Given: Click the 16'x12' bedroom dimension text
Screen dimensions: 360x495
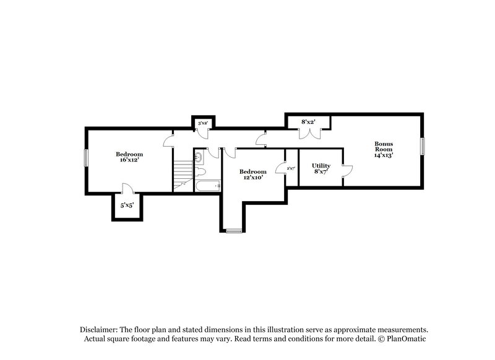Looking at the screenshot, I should coord(129,160).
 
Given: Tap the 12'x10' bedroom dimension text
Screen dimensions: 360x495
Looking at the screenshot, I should coord(252,178).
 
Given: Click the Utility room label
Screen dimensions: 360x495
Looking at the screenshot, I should coord(321,166).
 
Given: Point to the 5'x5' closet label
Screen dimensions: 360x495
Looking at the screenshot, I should coord(127,204).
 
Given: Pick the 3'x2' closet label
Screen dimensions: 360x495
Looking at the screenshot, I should coord(202,124).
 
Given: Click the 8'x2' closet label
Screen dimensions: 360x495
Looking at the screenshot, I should coord(308,122).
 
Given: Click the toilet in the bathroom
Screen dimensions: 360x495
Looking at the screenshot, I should coord(201,173).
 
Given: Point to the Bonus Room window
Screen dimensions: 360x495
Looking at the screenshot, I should coord(424,147).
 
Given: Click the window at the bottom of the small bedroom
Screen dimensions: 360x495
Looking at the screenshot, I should coord(234,231).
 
